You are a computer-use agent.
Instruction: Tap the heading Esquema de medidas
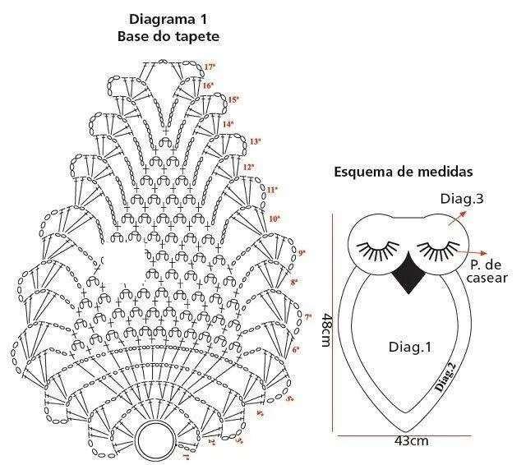tap(403, 173)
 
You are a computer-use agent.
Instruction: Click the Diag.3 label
tap(461, 198)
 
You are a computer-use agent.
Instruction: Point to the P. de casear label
tap(487, 271)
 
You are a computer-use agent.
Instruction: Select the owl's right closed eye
tap(438, 247)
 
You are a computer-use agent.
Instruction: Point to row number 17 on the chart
tap(210, 66)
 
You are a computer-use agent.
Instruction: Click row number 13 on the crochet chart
tap(255, 141)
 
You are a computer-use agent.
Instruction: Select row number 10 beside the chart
tap(275, 219)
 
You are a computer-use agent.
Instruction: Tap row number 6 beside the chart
tap(296, 350)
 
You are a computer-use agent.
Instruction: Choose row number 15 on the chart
tap(233, 100)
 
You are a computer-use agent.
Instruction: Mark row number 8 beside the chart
tap(294, 283)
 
